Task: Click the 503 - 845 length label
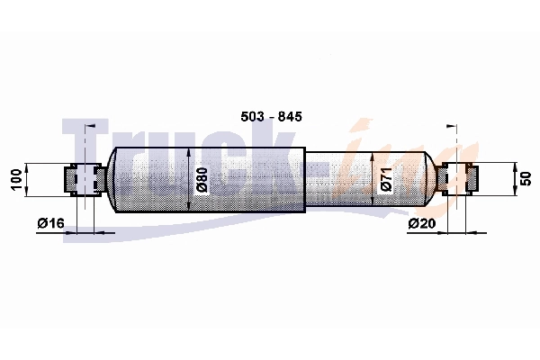[x=271, y=116]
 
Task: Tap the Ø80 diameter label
[x=202, y=179]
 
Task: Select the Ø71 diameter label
[x=386, y=179]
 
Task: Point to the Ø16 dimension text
[x=50, y=223]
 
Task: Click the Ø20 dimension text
[x=422, y=223]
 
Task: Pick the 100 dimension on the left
[x=16, y=179]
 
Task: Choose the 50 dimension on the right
[x=526, y=179]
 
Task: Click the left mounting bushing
[x=85, y=179]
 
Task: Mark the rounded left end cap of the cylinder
[x=111, y=179]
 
